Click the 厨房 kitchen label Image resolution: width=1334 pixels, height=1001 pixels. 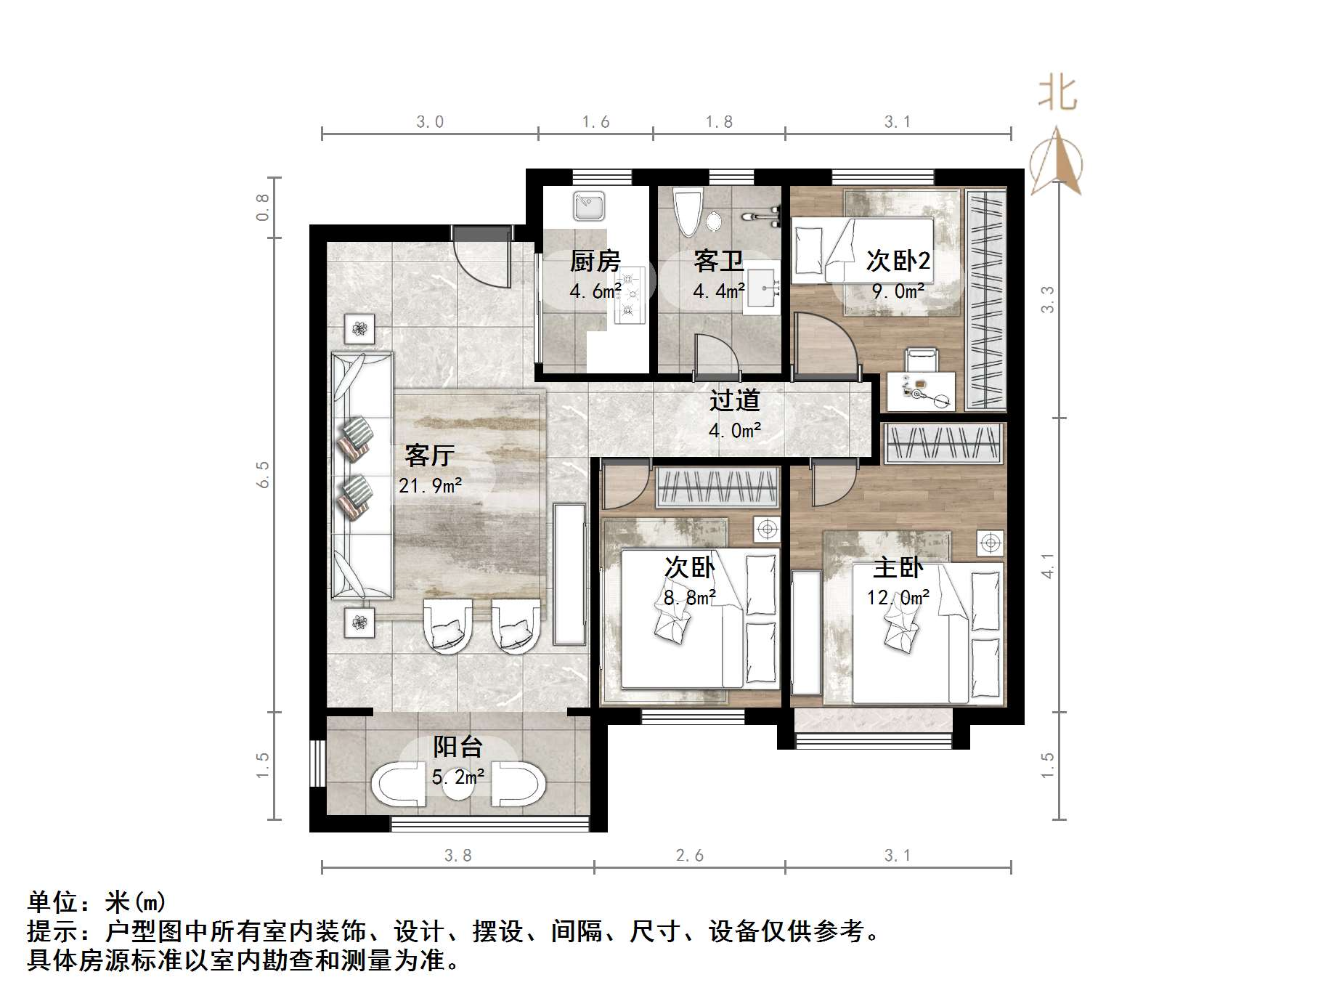coord(595,260)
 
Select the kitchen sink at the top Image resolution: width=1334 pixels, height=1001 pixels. coord(588,206)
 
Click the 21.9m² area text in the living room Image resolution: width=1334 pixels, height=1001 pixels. coord(430,485)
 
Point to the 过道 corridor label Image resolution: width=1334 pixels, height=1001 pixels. coord(735,400)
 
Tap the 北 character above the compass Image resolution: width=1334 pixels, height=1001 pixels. coord(1057,95)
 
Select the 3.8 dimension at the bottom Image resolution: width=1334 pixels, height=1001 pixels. coord(457,856)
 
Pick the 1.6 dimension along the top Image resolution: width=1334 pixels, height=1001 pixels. coord(595,122)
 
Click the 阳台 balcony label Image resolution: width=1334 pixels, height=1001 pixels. coord(457,747)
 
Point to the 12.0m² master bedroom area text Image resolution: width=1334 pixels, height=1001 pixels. coord(898,597)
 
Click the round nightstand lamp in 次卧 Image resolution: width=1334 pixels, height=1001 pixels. coord(767,530)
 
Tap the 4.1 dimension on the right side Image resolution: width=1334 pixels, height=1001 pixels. coord(1047,565)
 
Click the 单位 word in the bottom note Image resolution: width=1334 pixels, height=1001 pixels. coord(52,902)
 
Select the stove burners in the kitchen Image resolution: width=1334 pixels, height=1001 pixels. coord(630,294)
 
